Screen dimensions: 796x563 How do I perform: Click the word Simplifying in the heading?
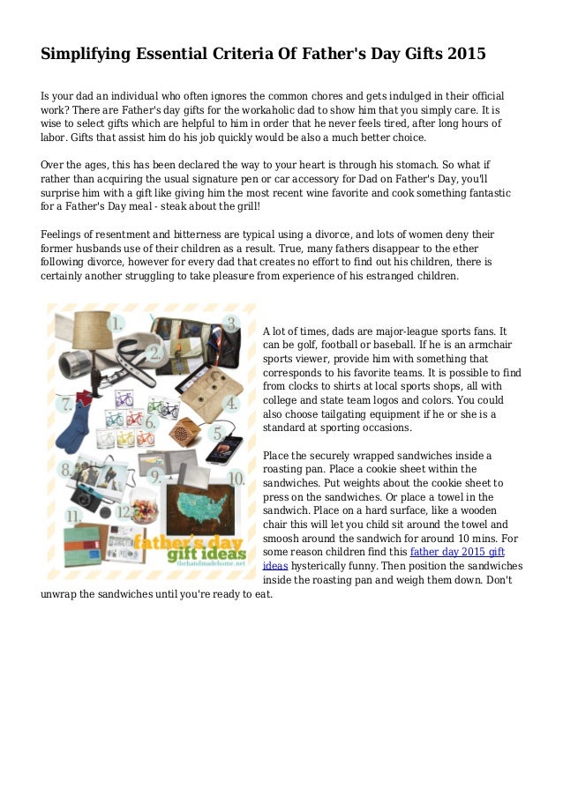86,54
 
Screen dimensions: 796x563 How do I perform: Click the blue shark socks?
74,431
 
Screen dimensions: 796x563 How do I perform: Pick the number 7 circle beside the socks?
64,406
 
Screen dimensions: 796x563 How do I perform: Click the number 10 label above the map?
236,480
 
